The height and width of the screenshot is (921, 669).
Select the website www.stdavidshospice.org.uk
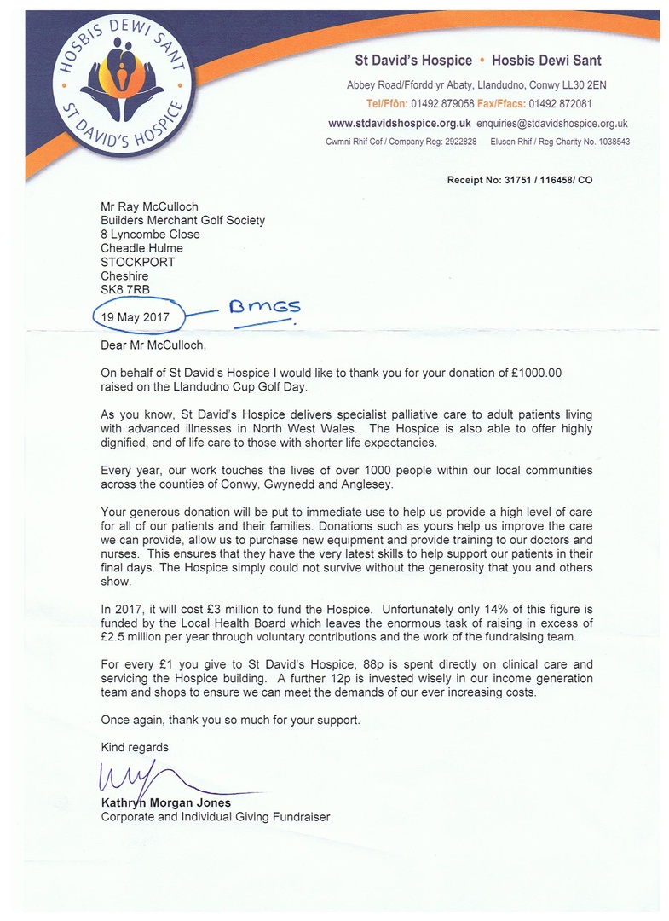point(388,124)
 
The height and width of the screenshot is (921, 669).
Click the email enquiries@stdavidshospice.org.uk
point(543,124)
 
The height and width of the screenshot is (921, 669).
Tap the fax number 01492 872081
point(559,104)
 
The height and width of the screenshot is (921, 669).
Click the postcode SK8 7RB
point(124,290)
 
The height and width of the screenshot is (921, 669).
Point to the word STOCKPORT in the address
point(138,262)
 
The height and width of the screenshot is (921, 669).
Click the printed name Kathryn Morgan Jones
point(166,803)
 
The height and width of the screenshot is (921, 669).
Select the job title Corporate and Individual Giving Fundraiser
point(215,817)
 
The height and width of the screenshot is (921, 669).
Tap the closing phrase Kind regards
point(135,747)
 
